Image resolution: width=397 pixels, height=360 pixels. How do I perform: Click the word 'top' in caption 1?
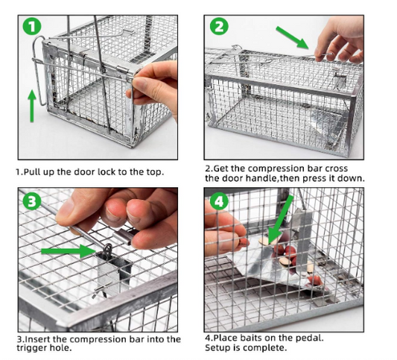point(151,172)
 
